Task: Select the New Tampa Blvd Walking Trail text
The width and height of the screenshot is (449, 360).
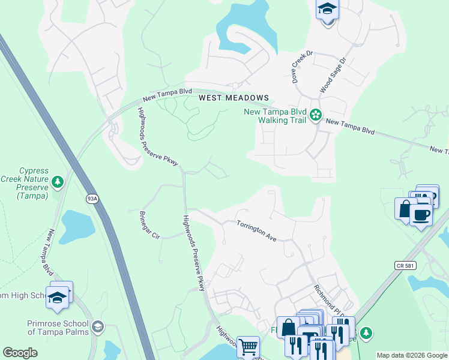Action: pyautogui.click(x=275, y=116)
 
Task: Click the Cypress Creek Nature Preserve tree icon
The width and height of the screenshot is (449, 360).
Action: pyautogui.click(x=58, y=181)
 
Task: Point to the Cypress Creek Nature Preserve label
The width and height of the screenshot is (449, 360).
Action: pyautogui.click(x=33, y=183)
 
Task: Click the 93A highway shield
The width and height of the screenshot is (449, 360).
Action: pyautogui.click(x=92, y=199)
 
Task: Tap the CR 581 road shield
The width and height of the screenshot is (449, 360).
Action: pyautogui.click(x=405, y=265)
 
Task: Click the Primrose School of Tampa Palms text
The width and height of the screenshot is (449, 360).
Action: pyautogui.click(x=58, y=328)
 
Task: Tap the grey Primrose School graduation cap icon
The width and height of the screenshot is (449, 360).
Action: pyautogui.click(x=98, y=327)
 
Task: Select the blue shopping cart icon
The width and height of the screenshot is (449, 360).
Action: pyautogui.click(x=248, y=346)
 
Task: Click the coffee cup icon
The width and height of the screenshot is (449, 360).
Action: pyautogui.click(x=421, y=214)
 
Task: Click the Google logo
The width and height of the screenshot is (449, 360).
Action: pyautogui.click(x=20, y=353)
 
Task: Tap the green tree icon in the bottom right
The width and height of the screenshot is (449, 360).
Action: pyautogui.click(x=366, y=332)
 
